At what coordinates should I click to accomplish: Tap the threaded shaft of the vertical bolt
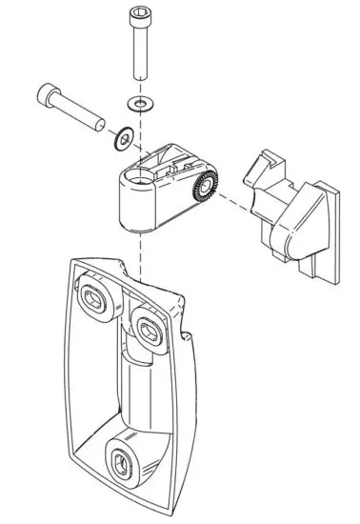pyautogui.click(x=140, y=57)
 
